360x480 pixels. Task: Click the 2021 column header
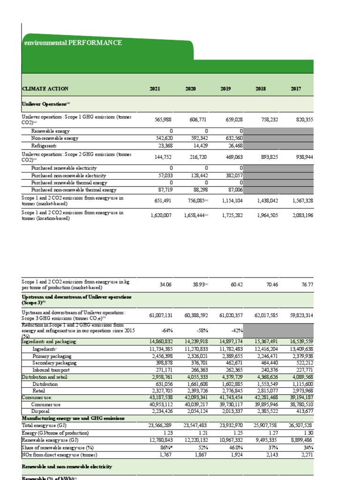(155, 89)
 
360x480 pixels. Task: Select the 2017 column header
(295, 89)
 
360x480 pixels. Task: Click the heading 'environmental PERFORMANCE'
(73, 43)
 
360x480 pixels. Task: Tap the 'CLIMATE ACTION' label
(45, 89)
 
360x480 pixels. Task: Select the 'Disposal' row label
(40, 411)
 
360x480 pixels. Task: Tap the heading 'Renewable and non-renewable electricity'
(67, 467)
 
